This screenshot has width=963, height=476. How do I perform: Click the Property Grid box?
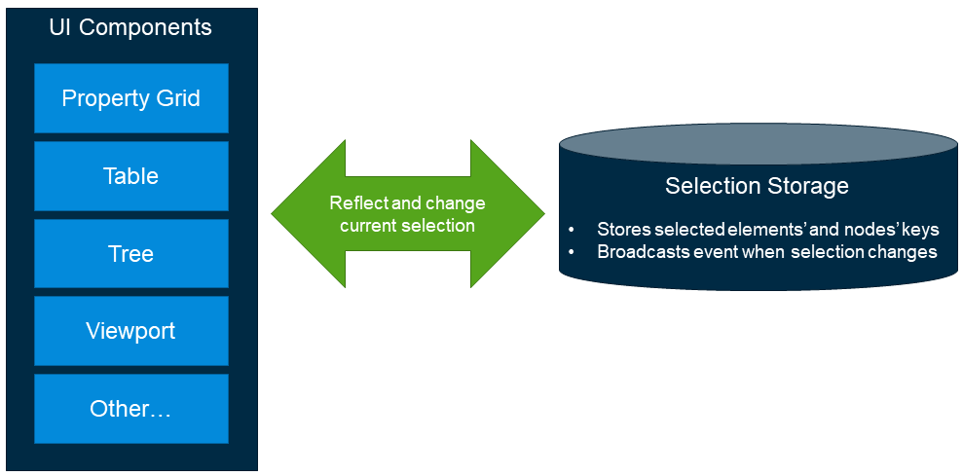[x=131, y=98]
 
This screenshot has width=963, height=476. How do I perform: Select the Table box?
[x=131, y=176]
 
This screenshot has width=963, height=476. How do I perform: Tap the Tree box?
[x=131, y=254]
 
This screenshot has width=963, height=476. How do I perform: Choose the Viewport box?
[x=131, y=331]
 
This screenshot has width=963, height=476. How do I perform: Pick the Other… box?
[x=131, y=409]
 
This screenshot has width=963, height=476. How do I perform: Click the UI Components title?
[x=130, y=27]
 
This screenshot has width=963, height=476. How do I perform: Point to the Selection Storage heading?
[x=757, y=186]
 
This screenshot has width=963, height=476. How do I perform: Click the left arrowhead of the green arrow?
[x=292, y=214]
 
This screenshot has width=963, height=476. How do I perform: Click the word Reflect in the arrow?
[x=359, y=203]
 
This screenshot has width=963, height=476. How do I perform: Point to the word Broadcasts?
[x=641, y=252]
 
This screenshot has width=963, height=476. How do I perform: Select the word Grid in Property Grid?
[x=179, y=98]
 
